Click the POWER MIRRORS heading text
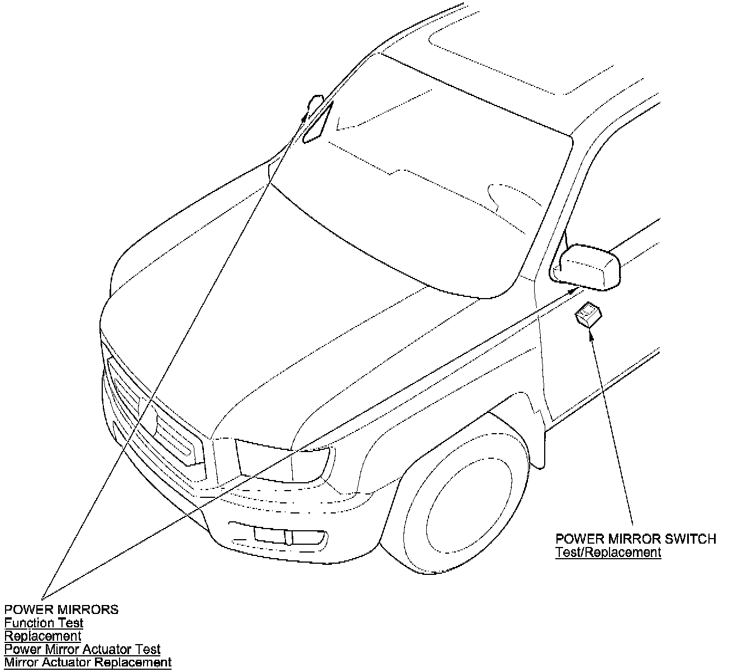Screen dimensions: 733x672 click(x=61, y=609)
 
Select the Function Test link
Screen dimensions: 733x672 click(x=44, y=622)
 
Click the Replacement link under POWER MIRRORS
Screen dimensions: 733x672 click(x=43, y=636)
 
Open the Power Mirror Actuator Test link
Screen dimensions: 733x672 click(x=83, y=649)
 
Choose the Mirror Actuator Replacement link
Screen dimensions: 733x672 click(x=88, y=663)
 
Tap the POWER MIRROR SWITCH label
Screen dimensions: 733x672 click(x=635, y=539)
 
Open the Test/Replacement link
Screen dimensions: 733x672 click(x=608, y=552)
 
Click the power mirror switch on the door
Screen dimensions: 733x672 click(x=588, y=314)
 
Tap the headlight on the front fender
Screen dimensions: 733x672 click(x=282, y=460)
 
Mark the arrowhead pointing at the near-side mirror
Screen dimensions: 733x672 click(x=574, y=290)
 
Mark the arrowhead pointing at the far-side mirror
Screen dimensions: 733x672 click(x=306, y=116)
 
